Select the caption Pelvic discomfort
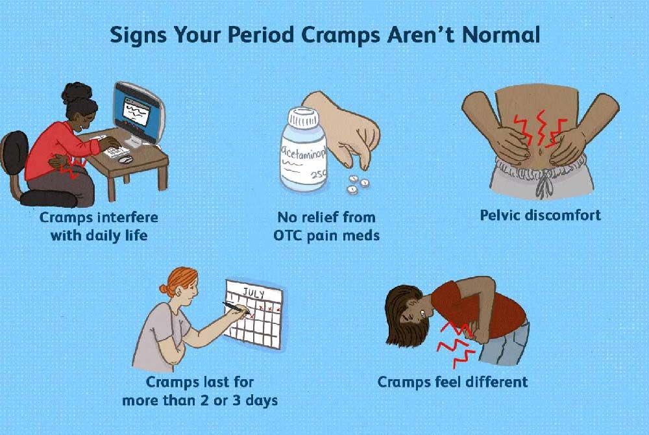[x=540, y=214]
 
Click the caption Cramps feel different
[x=453, y=381]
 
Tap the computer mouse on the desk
[x=126, y=159]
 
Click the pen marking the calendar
[x=237, y=308]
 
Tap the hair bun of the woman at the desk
[x=77, y=90]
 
